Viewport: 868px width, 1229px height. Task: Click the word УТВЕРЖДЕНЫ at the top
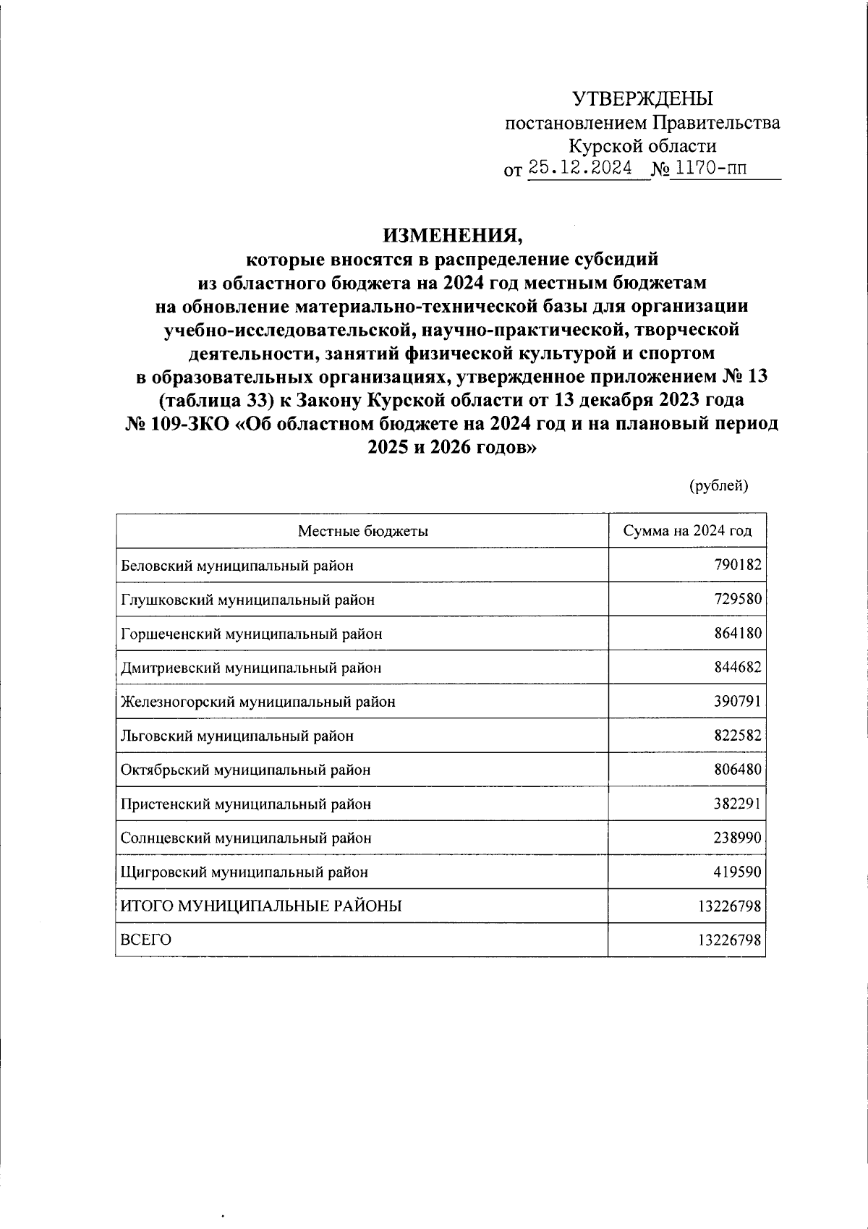(642, 98)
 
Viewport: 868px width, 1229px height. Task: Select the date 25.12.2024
(580, 169)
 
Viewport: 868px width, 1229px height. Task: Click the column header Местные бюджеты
(362, 531)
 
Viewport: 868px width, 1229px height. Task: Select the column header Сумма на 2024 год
(687, 531)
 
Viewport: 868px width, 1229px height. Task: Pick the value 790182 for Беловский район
(738, 565)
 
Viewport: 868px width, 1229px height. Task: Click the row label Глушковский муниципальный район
(247, 600)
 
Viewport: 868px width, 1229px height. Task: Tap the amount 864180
(738, 634)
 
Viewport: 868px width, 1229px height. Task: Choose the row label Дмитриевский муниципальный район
(250, 668)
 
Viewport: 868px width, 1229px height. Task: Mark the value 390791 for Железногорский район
(738, 702)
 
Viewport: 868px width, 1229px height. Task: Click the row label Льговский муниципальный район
(237, 736)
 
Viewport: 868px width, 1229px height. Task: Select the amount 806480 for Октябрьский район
(738, 770)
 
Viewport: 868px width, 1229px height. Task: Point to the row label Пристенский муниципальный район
(246, 804)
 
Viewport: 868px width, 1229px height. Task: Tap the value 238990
(738, 838)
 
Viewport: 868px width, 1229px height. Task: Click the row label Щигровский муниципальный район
(244, 872)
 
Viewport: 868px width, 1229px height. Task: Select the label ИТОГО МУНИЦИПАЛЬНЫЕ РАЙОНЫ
(261, 906)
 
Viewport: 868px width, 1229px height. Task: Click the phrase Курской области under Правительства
(642, 146)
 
